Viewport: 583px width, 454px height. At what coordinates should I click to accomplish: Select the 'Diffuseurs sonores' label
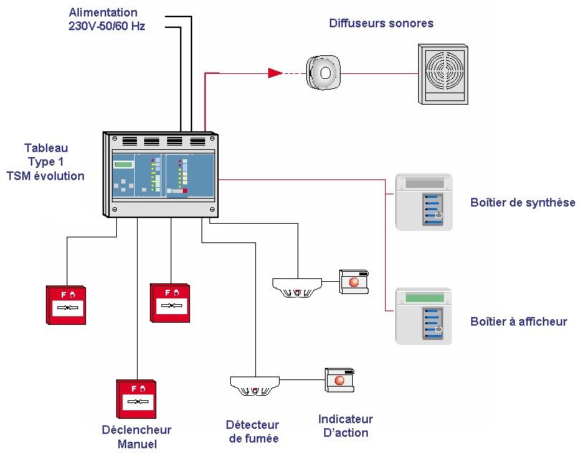pyautogui.click(x=381, y=23)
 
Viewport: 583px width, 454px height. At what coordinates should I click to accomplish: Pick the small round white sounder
pyautogui.click(x=323, y=72)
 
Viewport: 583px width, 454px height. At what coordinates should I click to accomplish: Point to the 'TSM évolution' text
pyautogui.click(x=45, y=176)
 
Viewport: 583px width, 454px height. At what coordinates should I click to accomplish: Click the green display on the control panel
pyautogui.click(x=123, y=165)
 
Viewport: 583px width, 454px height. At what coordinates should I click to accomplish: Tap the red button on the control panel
pyautogui.click(x=185, y=191)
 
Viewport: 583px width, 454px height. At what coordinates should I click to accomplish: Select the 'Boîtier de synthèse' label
pyautogui.click(x=523, y=202)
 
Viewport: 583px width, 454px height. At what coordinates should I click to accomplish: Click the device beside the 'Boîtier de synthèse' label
pyautogui.click(x=423, y=202)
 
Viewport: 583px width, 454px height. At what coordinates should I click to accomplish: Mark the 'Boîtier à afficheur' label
pyautogui.click(x=518, y=321)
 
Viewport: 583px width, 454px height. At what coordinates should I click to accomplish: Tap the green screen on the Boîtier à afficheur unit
pyautogui.click(x=425, y=298)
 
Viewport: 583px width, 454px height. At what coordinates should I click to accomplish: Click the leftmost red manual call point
pyautogui.click(x=66, y=303)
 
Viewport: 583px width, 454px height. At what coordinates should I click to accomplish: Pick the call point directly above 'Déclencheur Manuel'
pyautogui.click(x=136, y=399)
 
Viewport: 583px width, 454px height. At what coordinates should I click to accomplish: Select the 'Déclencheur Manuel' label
pyautogui.click(x=136, y=437)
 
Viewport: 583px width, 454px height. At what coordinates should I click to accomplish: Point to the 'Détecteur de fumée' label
pyautogui.click(x=253, y=432)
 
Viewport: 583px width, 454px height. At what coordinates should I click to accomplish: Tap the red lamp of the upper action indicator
pyautogui.click(x=354, y=282)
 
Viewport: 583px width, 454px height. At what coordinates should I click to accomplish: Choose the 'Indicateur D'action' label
pyautogui.click(x=345, y=426)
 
